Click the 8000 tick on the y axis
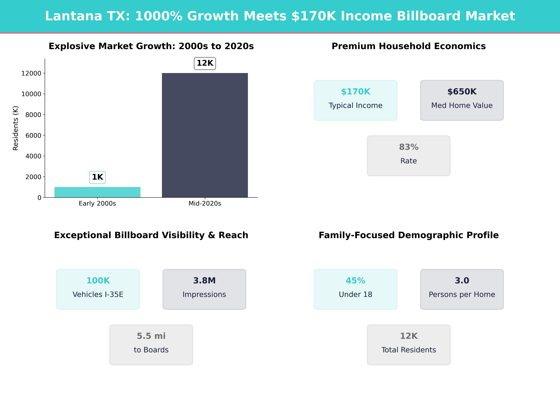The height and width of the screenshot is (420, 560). click(33, 115)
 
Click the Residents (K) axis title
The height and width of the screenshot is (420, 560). click(15, 128)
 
